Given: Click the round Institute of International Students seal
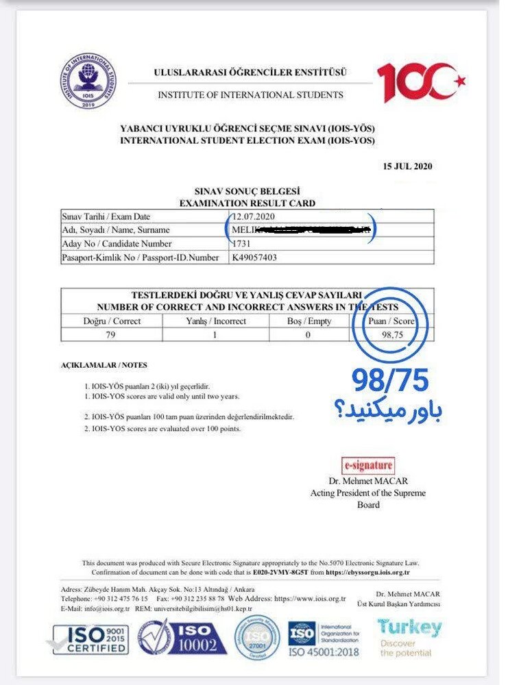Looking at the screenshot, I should click(x=87, y=82).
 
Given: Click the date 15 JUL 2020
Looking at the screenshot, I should click(x=407, y=166).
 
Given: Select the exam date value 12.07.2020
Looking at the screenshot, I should click(x=252, y=216).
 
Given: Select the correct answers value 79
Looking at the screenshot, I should click(x=112, y=334).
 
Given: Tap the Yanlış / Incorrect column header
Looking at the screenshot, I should click(x=215, y=321).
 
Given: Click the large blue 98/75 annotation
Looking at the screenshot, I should click(x=391, y=378).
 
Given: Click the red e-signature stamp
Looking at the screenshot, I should click(x=368, y=466).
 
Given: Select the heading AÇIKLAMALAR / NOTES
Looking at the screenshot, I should click(x=104, y=365).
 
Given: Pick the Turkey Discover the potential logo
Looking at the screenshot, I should click(x=409, y=637).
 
